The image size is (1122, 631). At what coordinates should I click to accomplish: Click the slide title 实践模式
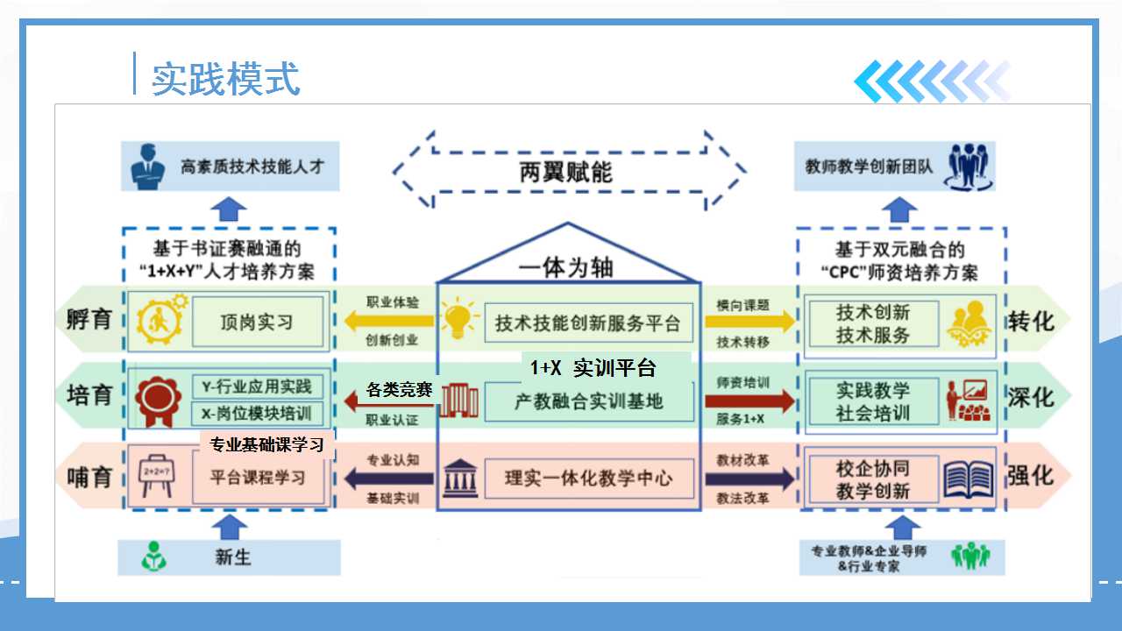click(x=226, y=79)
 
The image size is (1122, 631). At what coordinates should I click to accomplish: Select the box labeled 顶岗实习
click(x=257, y=323)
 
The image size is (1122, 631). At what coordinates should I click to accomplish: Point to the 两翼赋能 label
click(x=565, y=172)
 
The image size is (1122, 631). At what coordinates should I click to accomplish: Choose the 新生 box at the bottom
click(x=230, y=557)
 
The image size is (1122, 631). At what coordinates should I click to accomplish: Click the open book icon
click(x=969, y=479)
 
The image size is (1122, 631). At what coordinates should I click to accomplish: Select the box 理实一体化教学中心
click(x=588, y=479)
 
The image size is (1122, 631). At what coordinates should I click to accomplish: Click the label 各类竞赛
click(x=399, y=390)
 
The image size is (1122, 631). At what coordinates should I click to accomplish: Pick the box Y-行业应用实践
click(x=257, y=386)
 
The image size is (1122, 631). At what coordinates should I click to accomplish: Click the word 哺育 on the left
click(x=89, y=479)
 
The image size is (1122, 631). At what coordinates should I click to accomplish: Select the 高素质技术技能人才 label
click(x=247, y=167)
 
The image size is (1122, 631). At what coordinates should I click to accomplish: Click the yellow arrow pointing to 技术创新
click(x=750, y=322)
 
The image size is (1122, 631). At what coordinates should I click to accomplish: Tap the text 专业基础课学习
click(x=266, y=444)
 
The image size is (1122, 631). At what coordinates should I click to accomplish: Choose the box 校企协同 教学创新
click(x=872, y=479)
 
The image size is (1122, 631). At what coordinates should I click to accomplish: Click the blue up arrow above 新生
click(x=231, y=526)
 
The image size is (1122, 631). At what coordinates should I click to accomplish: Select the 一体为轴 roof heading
click(x=566, y=267)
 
